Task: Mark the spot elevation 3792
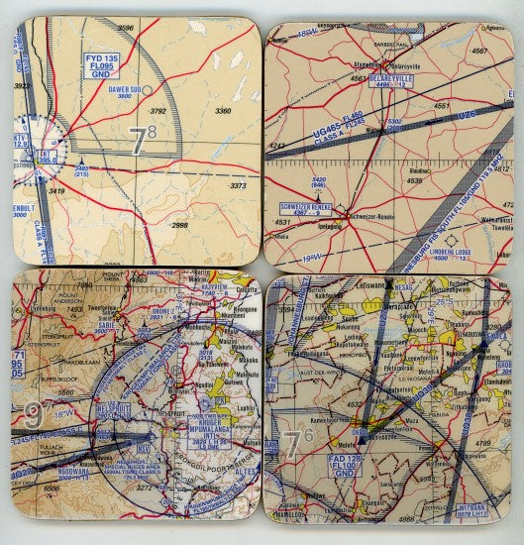157,112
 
